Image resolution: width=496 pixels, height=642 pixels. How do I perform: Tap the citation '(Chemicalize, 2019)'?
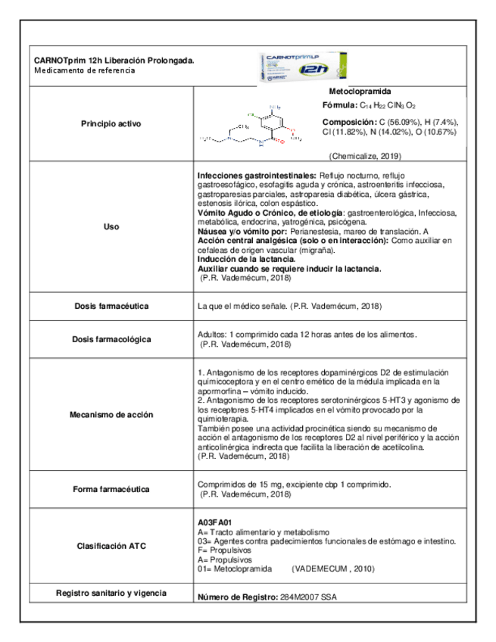[365, 155]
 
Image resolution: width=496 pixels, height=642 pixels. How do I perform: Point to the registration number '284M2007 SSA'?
[309, 597]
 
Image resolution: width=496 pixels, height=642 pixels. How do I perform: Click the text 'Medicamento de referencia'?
[85, 70]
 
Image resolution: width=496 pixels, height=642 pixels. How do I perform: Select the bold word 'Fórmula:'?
[339, 105]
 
